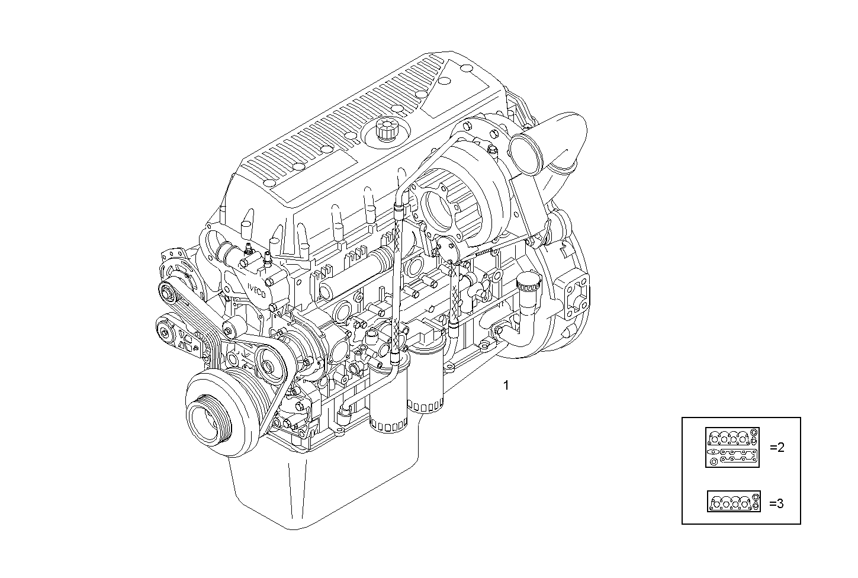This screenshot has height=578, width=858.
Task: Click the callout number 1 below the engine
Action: (x=506, y=386)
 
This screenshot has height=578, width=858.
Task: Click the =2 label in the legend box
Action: (x=776, y=448)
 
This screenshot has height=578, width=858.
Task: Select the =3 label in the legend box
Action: (x=776, y=503)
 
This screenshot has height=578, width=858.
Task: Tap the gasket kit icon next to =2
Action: (x=732, y=447)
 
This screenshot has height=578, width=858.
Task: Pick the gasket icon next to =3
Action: (x=734, y=502)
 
